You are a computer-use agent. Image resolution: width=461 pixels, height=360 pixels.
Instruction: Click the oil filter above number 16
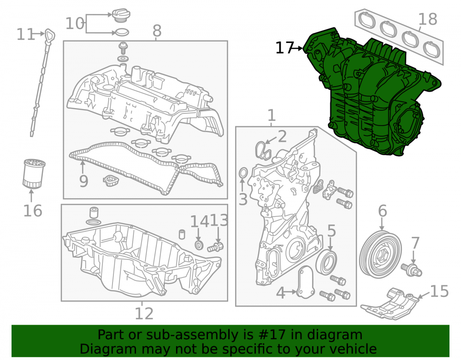coord(34,173)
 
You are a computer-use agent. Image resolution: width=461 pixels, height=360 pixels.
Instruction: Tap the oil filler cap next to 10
coord(121,15)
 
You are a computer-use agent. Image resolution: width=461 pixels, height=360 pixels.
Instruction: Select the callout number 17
coord(284,47)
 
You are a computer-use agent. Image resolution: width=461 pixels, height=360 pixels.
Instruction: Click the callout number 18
coord(428,19)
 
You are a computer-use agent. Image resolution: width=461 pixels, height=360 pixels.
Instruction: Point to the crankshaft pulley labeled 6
coord(380,254)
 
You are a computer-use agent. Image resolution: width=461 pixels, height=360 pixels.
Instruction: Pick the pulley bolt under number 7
coord(411,269)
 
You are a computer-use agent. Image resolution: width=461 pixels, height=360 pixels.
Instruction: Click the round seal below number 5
coord(326,262)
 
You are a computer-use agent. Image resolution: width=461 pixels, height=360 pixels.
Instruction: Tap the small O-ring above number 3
coord(243,173)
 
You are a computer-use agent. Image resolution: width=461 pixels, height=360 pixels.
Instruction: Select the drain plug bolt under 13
coord(215,247)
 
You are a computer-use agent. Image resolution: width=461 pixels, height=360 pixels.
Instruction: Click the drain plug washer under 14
coord(199,245)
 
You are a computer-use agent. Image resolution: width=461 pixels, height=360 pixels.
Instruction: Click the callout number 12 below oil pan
coord(144,313)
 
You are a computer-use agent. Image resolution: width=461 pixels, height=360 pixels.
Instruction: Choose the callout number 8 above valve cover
coord(157,30)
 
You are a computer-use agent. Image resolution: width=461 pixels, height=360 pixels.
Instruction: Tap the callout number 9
coord(84,181)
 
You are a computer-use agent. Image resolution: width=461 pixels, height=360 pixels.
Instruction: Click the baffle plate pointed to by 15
coord(390,304)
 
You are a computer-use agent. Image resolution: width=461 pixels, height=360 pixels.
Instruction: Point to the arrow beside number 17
coord(298,48)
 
